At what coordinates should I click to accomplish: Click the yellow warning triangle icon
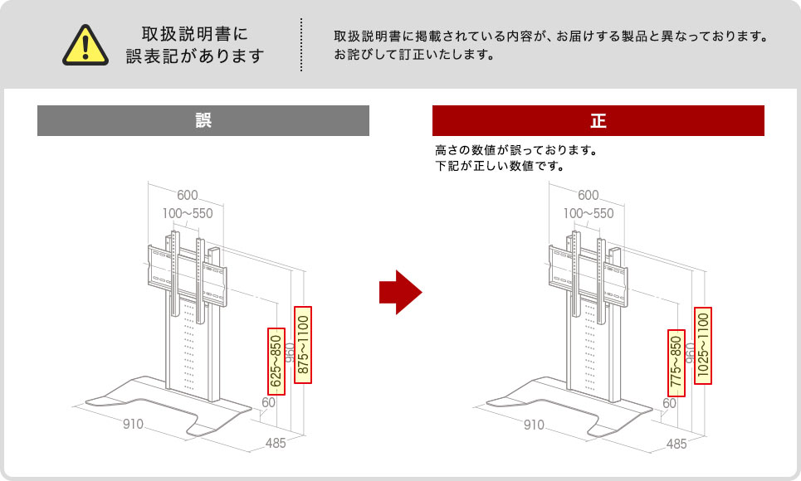87,45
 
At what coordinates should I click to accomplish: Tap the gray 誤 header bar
203,120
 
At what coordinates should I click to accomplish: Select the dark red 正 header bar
598,120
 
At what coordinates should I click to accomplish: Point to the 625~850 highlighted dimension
276,360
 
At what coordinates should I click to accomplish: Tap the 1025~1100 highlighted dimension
704,345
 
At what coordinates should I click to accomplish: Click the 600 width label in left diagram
187,196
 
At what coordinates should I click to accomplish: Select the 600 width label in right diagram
588,196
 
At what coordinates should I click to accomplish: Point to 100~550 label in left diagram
188,214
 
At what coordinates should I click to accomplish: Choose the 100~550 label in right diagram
589,214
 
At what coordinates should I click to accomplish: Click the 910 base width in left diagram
134,425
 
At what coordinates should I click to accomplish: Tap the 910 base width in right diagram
535,425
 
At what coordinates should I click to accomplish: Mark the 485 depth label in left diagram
276,444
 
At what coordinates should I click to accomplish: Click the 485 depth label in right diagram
676,444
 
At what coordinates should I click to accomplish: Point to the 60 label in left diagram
268,403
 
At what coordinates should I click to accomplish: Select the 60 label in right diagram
669,403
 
